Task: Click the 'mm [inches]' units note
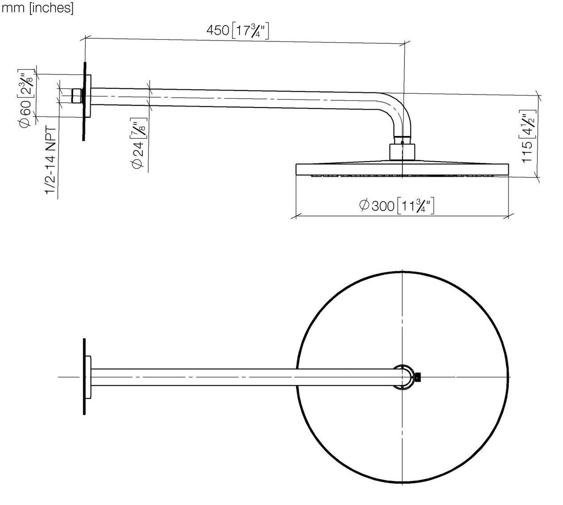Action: [38, 8]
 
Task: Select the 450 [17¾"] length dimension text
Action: [238, 31]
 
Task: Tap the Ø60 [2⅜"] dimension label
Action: [26, 99]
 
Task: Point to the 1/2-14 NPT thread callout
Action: [50, 160]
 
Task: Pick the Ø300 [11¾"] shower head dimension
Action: [396, 206]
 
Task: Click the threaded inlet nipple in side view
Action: [77, 96]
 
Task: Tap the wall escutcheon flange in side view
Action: [87, 96]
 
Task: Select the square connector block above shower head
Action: [402, 152]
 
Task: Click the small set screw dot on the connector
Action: [402, 142]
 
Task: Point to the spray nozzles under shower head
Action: [402, 175]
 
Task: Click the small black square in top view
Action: [417, 377]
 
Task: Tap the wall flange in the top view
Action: [88, 377]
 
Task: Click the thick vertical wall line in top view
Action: [84, 377]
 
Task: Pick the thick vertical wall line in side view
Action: [84, 101]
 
